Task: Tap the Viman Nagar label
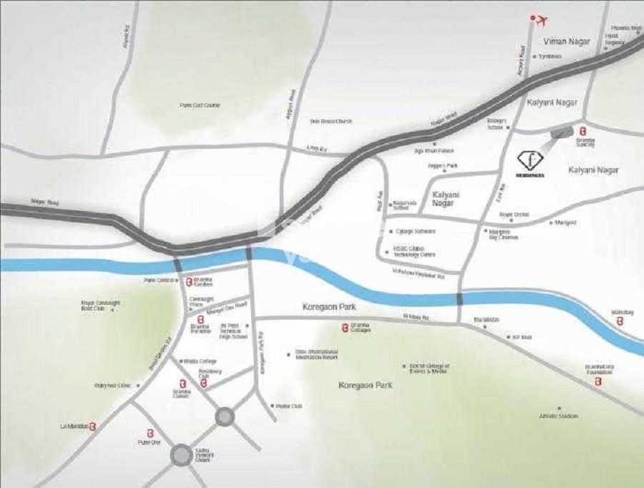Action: point(567,42)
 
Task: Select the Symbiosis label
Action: point(550,56)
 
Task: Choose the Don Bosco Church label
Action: point(331,122)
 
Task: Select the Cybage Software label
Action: point(416,231)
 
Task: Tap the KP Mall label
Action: point(522,336)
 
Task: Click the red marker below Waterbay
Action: point(620,322)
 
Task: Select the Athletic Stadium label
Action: point(559,416)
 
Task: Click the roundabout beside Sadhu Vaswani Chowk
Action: point(182,454)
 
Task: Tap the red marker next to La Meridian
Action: point(92,426)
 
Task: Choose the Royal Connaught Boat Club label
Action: point(101,306)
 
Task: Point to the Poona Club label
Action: point(289,406)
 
